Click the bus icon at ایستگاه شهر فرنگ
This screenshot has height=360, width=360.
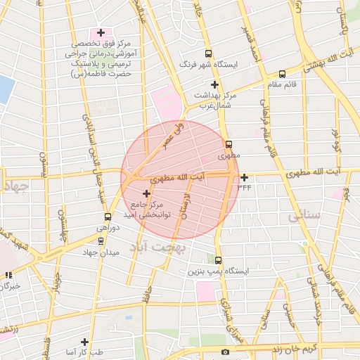click(207, 54)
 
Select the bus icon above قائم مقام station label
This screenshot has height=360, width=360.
click(282, 73)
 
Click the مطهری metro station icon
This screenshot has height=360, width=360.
click(229, 144)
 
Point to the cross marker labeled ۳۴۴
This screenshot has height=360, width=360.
click(244, 177)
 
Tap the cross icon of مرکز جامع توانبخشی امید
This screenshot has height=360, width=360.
click(146, 193)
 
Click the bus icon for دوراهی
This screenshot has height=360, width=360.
click(108, 217)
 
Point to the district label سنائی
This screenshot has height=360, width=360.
click(304, 217)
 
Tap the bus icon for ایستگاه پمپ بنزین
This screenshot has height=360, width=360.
click(218, 260)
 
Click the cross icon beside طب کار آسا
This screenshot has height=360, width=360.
click(84, 342)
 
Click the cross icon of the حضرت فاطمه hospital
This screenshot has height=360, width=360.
click(101, 32)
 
